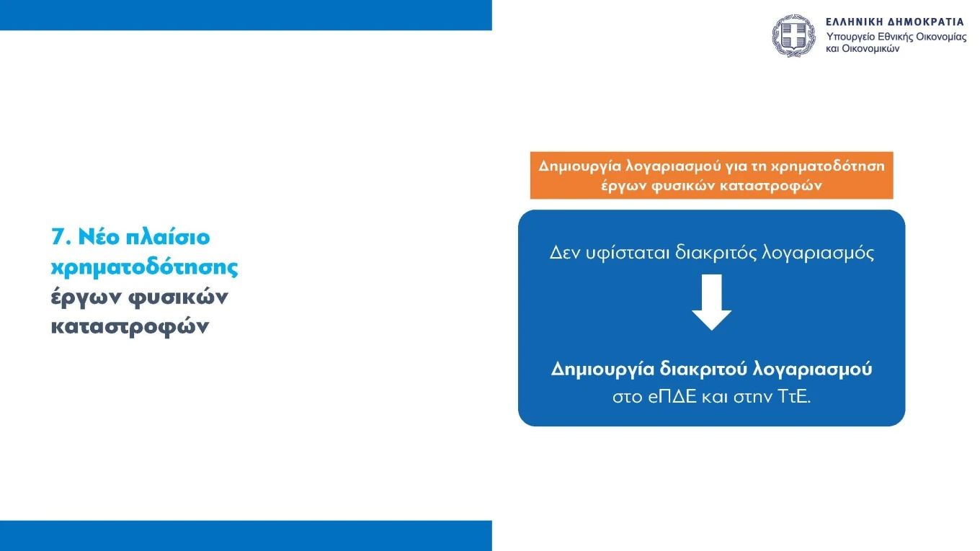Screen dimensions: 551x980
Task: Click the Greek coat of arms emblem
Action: click(793, 35)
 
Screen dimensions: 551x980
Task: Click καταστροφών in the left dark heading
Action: click(130, 326)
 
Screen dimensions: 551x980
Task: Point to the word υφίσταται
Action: click(627, 254)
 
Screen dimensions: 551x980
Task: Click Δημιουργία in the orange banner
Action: click(573, 166)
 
